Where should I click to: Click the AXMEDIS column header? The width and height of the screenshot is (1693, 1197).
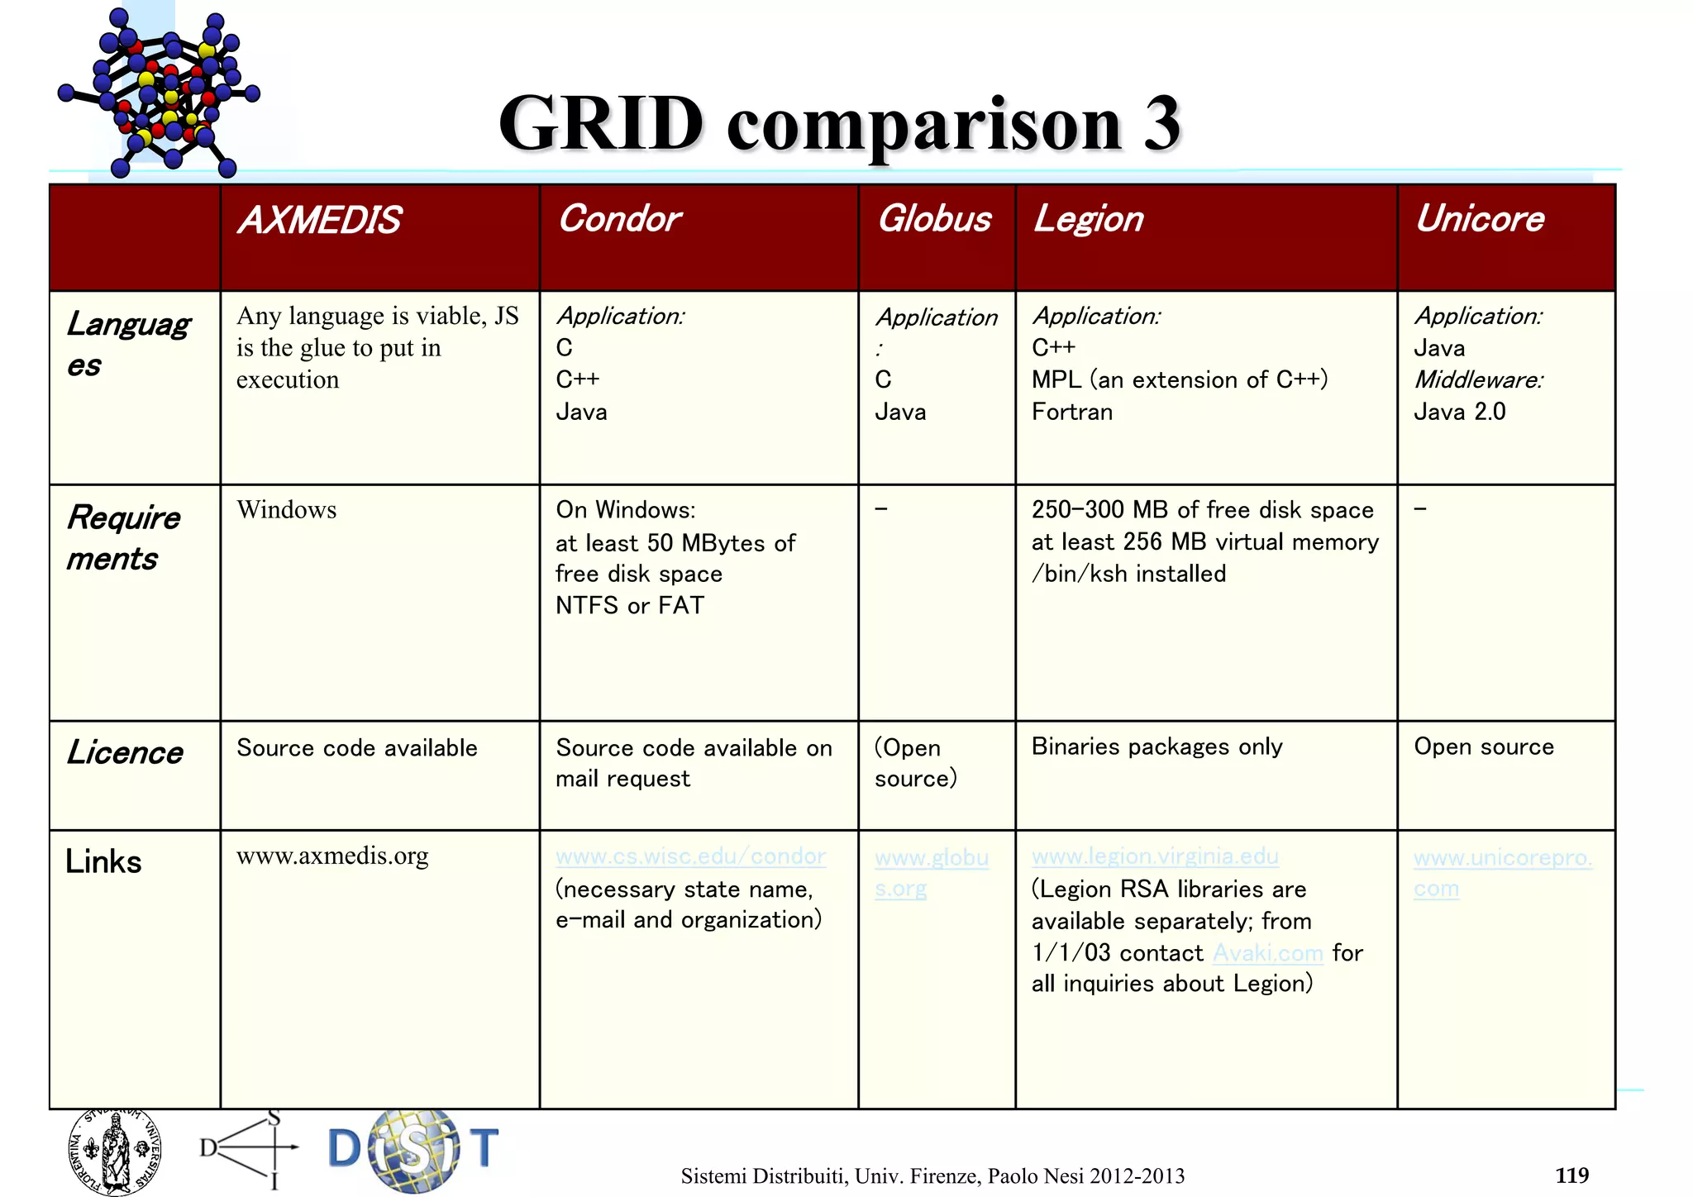click(x=319, y=221)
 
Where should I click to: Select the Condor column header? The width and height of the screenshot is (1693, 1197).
click(x=619, y=219)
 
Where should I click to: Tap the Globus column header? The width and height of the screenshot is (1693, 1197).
click(x=934, y=219)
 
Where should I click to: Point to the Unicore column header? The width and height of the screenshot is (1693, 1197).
click(x=1479, y=219)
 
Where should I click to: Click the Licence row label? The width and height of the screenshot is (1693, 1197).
click(x=125, y=752)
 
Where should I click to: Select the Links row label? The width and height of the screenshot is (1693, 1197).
click(x=103, y=861)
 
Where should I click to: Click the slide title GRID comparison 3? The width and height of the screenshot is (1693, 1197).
click(x=839, y=123)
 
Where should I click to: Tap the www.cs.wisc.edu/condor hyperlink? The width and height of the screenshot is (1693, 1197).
click(x=690, y=856)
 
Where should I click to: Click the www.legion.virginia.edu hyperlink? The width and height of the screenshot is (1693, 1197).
click(x=1155, y=856)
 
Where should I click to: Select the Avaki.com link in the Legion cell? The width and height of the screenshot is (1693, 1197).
click(x=1267, y=953)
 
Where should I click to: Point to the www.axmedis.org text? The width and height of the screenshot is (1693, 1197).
click(x=332, y=856)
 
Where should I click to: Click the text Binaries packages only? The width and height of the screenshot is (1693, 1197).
click(x=1156, y=746)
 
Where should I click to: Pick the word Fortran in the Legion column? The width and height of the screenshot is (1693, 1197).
click(x=1071, y=412)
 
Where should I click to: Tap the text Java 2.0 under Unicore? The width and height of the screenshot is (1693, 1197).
click(x=1459, y=412)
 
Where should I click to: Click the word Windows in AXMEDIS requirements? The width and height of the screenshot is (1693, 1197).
click(x=286, y=510)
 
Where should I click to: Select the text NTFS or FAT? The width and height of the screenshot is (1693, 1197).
click(x=629, y=606)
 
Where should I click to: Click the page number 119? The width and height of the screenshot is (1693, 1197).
click(x=1571, y=1175)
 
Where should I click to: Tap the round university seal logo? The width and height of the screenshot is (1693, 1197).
click(x=115, y=1152)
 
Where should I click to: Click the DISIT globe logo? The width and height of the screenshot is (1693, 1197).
click(x=413, y=1150)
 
